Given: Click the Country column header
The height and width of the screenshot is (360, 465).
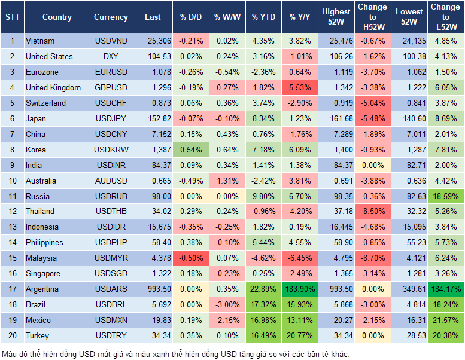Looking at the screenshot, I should (x=57, y=17).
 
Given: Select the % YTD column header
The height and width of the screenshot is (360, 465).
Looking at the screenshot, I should (x=263, y=17).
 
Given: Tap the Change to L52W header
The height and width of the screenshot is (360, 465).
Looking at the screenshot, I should (x=445, y=17).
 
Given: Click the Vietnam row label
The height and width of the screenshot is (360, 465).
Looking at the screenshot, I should (x=40, y=41).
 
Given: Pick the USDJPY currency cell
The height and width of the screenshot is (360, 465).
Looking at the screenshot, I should (x=111, y=119).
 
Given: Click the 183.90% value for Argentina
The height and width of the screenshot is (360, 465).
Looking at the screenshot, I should (x=301, y=289).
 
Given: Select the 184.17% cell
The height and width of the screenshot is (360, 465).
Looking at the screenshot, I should (x=445, y=289).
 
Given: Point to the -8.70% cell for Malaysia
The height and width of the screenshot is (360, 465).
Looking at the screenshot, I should (x=372, y=258).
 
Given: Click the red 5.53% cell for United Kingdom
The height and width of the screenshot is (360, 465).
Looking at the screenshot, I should (x=301, y=88).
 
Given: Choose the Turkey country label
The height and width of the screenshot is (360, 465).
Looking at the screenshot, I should (x=37, y=336).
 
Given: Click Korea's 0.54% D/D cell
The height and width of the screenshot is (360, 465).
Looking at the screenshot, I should (x=191, y=150).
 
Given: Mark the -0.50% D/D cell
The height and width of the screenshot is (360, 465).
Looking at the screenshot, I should (x=191, y=258).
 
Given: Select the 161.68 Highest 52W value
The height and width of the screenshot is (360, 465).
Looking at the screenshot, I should (x=336, y=119).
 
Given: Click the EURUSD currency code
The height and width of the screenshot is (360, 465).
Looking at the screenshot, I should (x=111, y=72).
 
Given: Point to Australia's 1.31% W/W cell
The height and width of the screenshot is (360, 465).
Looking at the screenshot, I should (x=227, y=181).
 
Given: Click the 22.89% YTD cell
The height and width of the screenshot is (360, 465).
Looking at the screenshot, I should (x=263, y=289).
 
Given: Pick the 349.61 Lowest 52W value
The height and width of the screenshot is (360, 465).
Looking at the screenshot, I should (x=408, y=289).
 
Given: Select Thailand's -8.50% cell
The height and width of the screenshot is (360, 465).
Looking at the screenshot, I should (x=372, y=212).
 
